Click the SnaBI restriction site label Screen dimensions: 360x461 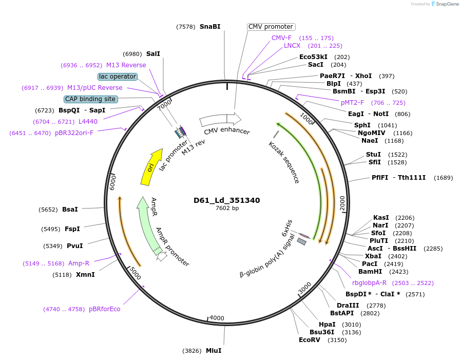coord(210,26)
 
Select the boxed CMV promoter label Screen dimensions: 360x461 coord(271,27)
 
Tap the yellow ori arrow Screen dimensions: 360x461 coord(150,167)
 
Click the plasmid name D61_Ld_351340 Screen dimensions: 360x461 coord(226,200)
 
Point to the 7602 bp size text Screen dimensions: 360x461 coord(227,208)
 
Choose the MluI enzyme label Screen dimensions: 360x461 coord(214,351)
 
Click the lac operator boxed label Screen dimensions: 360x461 coord(118,77)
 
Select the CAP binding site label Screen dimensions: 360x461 coord(90,99)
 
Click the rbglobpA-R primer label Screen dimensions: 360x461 coord(369,282)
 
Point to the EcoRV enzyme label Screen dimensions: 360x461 coord(310,339)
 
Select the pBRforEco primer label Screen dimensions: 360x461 coord(104,309)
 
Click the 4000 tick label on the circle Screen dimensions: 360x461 coord(217,318)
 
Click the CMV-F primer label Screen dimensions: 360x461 coord(281,37)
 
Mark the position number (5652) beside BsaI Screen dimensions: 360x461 coord(48,210)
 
